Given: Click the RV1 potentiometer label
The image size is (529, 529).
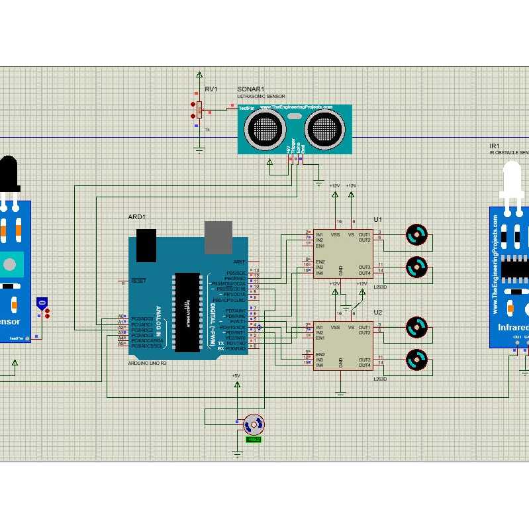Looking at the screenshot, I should coord(211,89).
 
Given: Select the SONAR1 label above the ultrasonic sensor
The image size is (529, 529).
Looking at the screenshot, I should coord(251,89).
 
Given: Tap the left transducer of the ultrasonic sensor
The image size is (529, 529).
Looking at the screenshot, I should coord(265,125).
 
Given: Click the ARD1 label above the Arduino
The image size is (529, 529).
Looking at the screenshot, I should coord(136,216).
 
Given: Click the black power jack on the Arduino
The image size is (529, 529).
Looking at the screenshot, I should coord(146,246).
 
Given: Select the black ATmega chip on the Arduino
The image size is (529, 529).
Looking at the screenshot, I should coord(187,311).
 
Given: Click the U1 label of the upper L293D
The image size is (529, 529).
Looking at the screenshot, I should coord(378,219).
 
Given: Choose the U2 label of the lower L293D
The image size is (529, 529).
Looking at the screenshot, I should coord(378,312).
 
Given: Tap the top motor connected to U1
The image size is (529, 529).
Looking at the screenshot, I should coord(416,234).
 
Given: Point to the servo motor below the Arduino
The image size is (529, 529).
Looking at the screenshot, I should coord(253,424).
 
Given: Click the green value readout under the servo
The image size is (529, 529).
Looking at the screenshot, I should coord(254,439).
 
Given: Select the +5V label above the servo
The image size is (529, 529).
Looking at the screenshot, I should coord(236,375).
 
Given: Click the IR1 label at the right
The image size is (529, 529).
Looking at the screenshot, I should coord(494,146).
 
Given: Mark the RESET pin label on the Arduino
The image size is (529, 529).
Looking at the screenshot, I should coord(138,281).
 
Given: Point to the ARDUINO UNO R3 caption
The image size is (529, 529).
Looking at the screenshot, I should coord(148,363).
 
